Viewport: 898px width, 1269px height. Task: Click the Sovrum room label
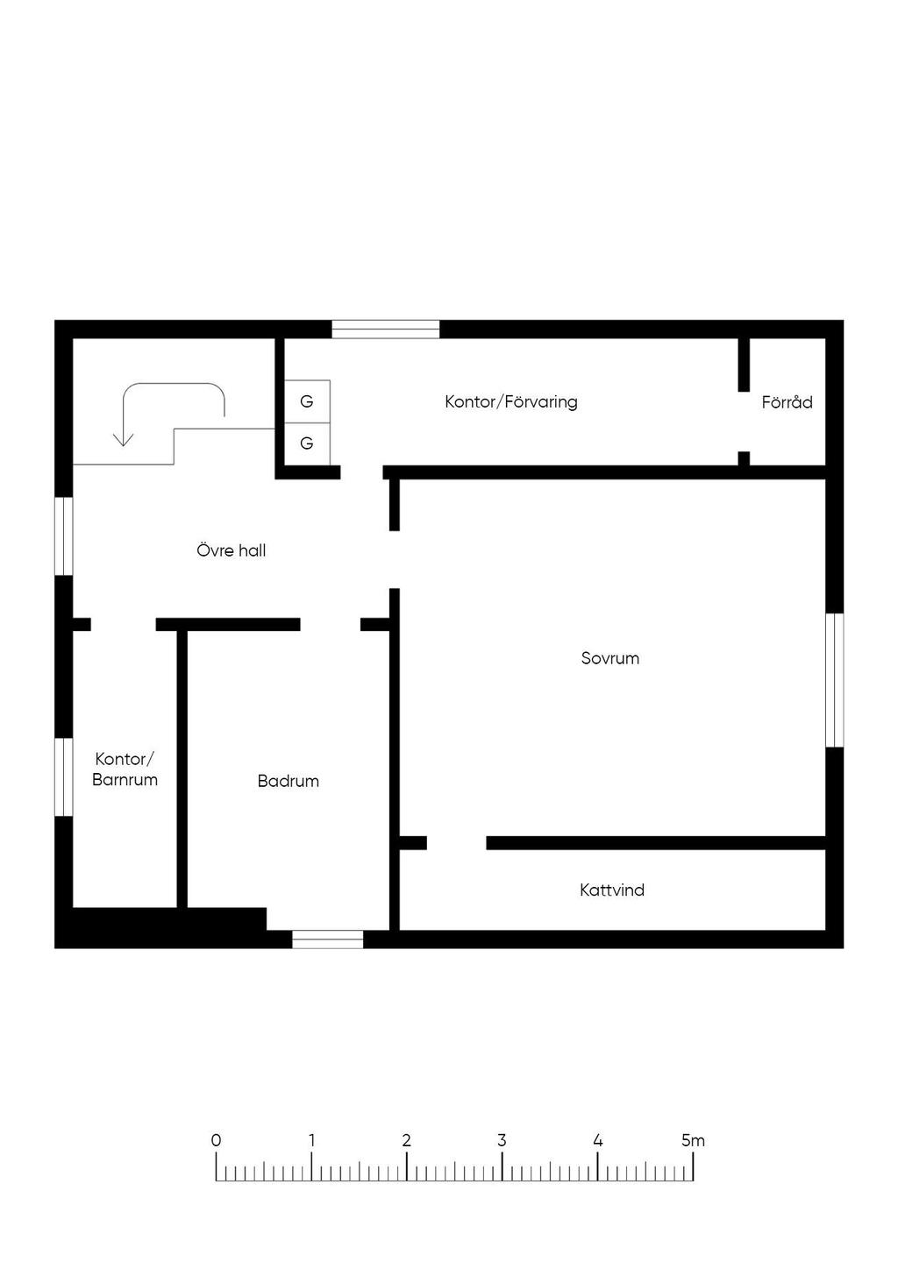tap(610, 658)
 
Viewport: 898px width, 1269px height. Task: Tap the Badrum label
tap(288, 781)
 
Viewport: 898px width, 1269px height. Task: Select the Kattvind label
tap(612, 890)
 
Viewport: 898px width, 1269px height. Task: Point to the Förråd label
tap(787, 402)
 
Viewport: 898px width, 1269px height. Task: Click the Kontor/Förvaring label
tap(510, 402)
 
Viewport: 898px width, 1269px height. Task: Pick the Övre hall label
tap(232, 550)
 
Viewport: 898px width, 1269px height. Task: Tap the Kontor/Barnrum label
tap(125, 769)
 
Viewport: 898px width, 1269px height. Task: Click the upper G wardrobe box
tap(307, 401)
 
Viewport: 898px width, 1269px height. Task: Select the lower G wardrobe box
tap(307, 443)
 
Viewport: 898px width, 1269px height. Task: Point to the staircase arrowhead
tap(123, 440)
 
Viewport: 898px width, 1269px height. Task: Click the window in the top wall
tap(386, 330)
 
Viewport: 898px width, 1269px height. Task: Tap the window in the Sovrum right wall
tap(835, 680)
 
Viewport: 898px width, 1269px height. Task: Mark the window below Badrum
tap(328, 939)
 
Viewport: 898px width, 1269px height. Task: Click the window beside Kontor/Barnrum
tap(63, 776)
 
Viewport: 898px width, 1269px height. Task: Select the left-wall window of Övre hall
tap(63, 536)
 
